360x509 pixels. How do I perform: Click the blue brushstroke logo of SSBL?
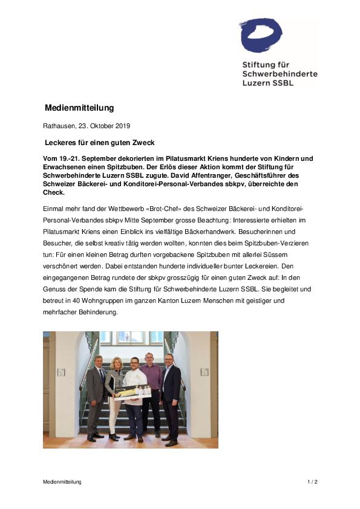click(x=261, y=36)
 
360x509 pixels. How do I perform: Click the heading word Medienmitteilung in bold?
click(x=79, y=108)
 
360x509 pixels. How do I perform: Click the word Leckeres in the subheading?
click(x=62, y=143)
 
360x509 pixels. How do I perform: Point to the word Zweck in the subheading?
click(x=142, y=143)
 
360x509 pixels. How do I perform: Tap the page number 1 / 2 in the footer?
click(x=312, y=482)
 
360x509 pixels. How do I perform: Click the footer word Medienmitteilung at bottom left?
click(x=62, y=482)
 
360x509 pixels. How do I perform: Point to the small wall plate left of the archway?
click(x=61, y=372)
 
